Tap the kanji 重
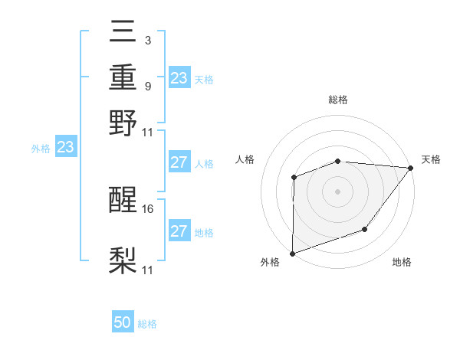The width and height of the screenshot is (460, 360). pos(123,78)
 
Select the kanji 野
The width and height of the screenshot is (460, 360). pos(123,123)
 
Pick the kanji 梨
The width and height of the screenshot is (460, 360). pos(123,260)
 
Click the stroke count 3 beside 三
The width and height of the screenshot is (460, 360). pos(147,41)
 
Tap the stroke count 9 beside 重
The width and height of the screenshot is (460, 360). pos(147,86)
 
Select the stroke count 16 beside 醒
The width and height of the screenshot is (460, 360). pos(149,208)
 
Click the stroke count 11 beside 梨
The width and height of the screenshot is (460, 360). pos(149,270)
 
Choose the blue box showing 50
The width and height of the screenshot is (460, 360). pos(123,322)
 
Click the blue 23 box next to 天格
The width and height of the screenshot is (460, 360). pos(179,78)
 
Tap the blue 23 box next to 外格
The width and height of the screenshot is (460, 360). pos(65,146)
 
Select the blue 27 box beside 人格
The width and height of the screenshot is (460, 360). pos(179,162)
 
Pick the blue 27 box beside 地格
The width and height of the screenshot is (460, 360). pos(179,231)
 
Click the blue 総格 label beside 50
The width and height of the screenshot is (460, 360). pos(147,324)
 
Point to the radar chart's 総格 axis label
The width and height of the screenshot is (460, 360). pos(338,100)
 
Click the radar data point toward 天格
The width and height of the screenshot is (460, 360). pos(411,168)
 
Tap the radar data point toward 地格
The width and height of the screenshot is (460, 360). pos(365,229)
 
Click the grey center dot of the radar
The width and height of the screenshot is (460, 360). pos(337,191)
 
